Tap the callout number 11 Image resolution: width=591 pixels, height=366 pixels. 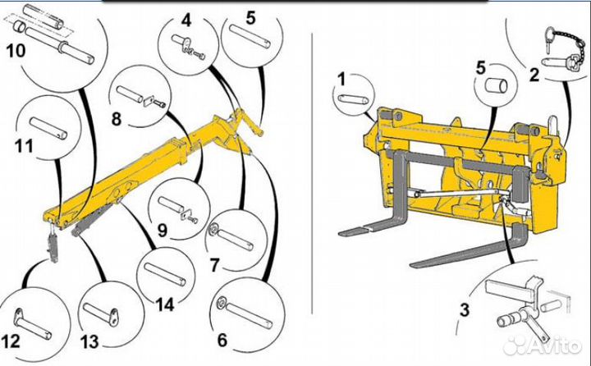coord(24,148)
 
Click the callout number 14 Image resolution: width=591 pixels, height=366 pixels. coord(165,304)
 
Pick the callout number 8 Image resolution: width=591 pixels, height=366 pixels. coord(116,119)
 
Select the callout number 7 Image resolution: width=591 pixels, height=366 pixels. coord(214,265)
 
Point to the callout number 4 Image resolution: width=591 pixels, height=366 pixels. coord(187,19)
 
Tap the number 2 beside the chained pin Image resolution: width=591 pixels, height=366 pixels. coord(534,76)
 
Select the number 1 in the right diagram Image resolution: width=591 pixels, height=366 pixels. coord(341,79)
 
